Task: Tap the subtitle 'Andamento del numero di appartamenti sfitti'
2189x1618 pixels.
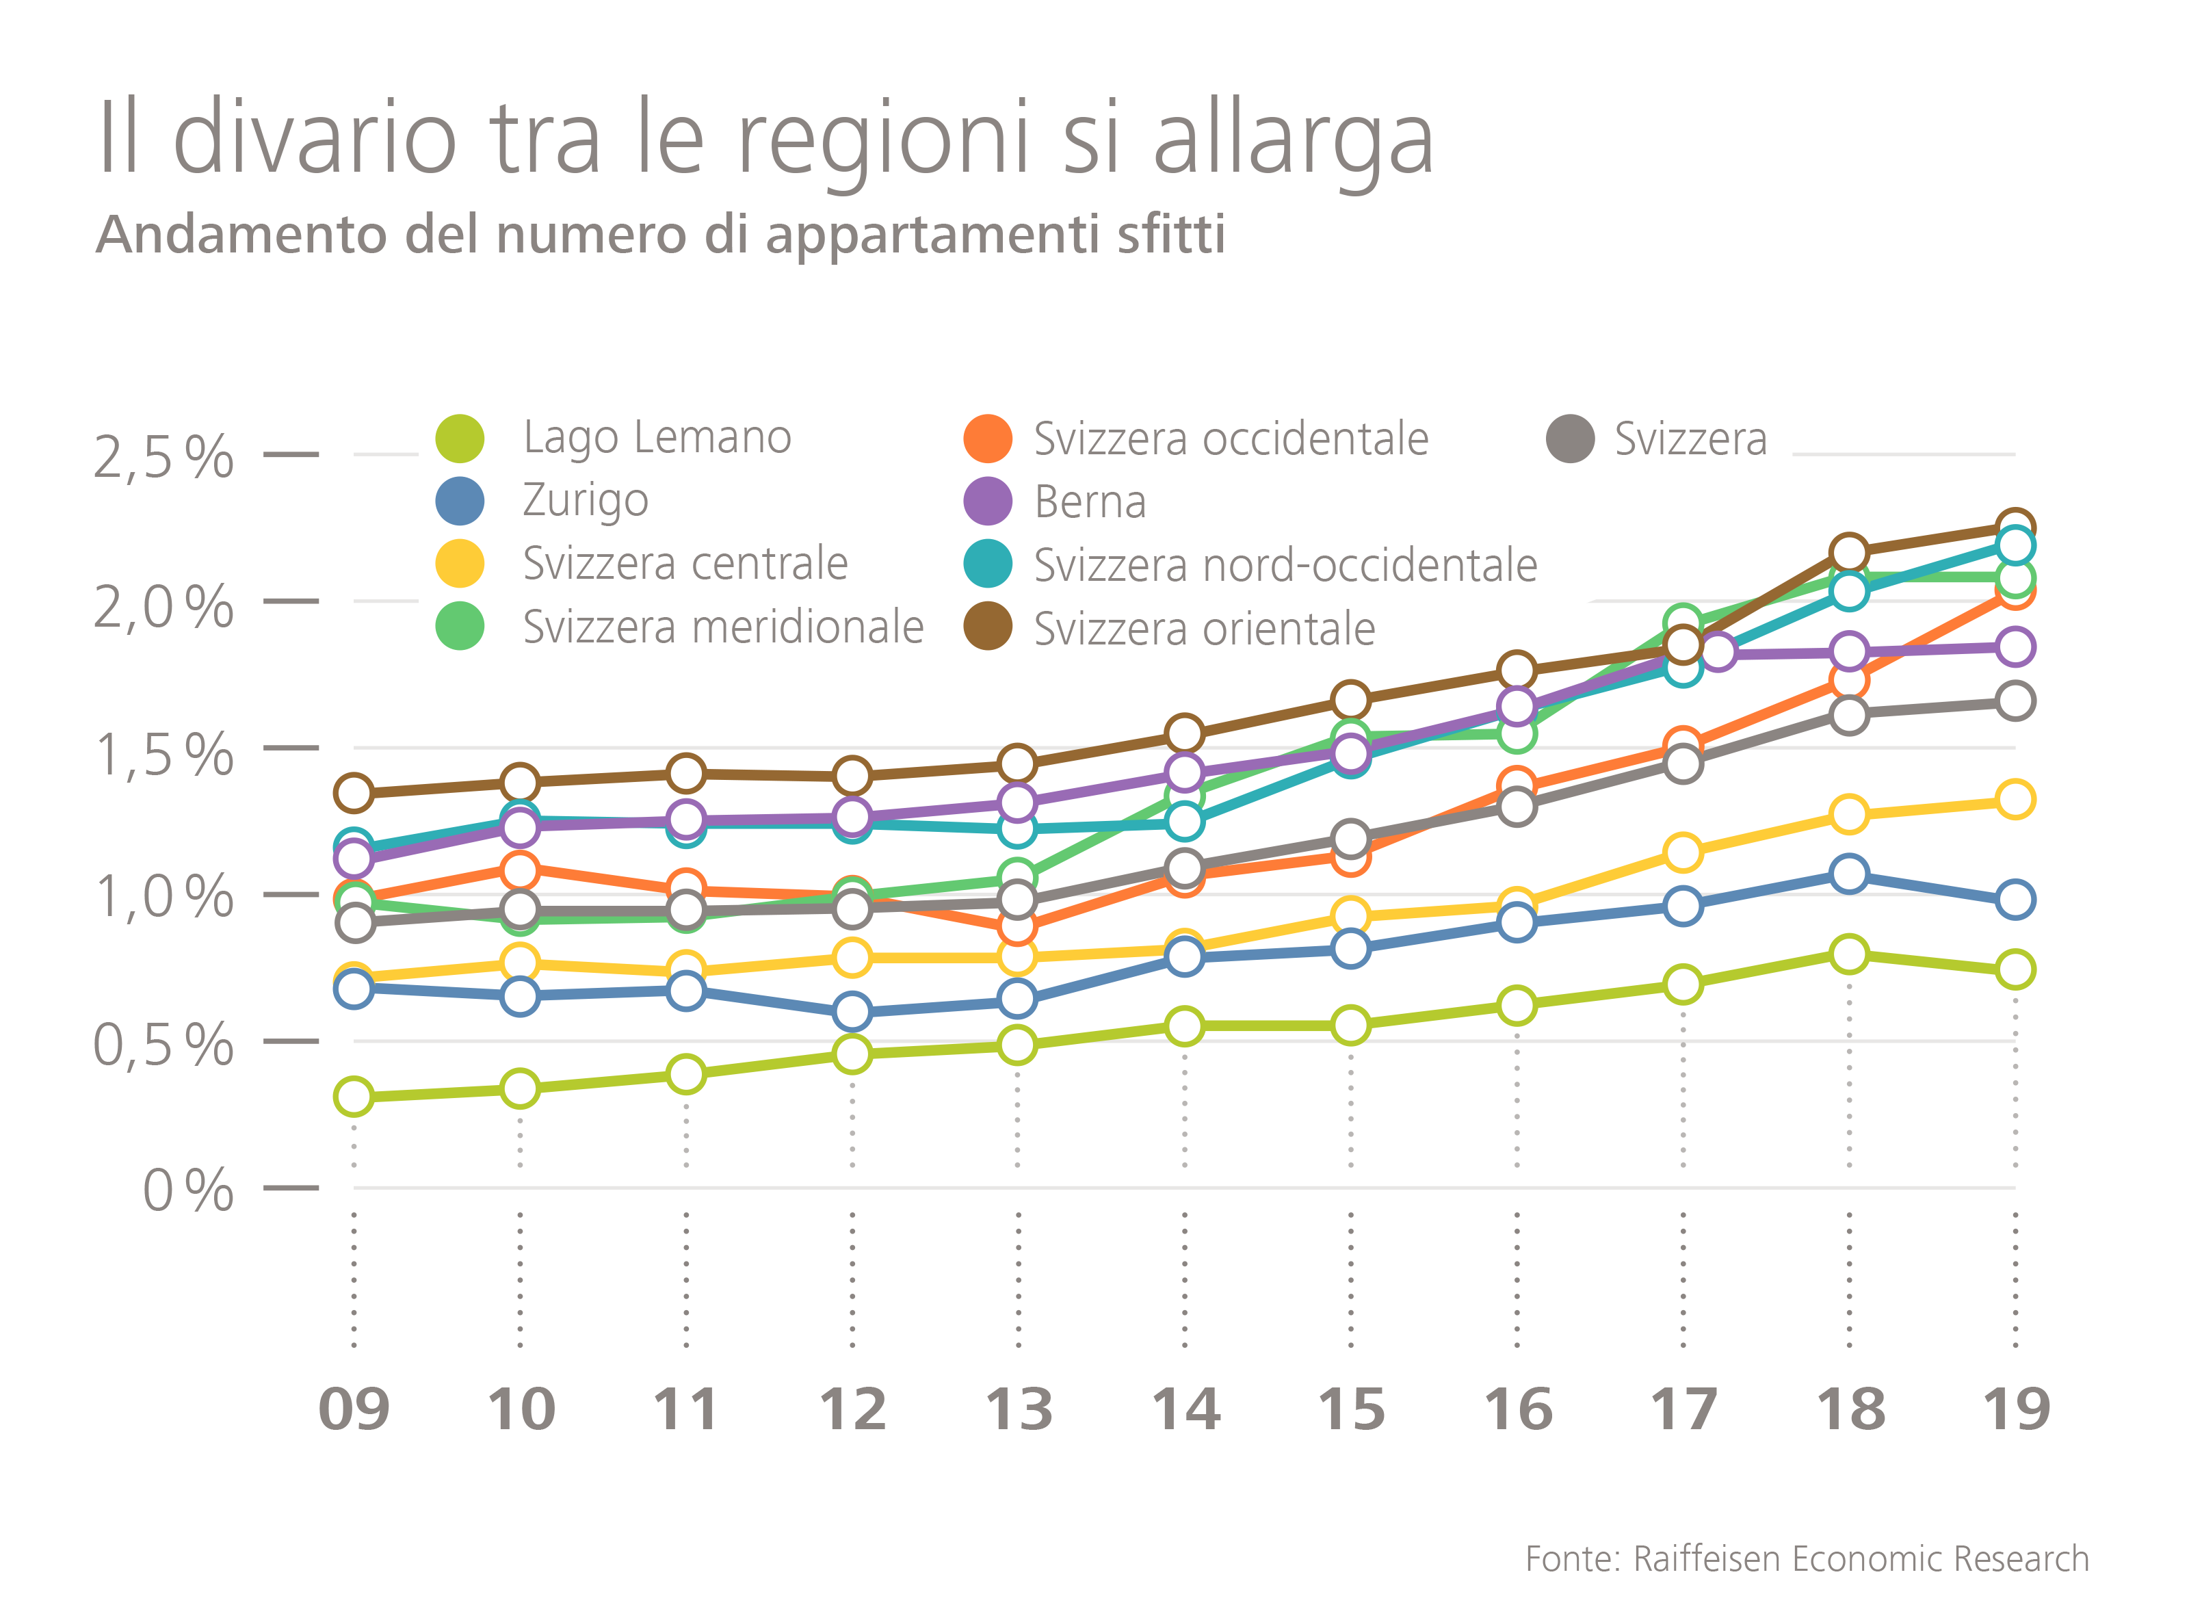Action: click(660, 235)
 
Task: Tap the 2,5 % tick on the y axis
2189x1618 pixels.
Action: click(163, 456)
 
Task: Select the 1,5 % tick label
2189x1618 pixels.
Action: click(163, 755)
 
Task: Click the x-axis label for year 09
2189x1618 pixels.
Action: click(354, 1411)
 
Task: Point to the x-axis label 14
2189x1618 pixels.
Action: click(1185, 1411)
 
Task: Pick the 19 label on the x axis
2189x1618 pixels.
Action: click(2016, 1411)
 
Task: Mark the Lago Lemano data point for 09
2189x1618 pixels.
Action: click(354, 1096)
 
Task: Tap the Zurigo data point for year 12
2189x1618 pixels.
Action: click(852, 1010)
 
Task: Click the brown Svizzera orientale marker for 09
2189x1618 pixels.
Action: click(354, 792)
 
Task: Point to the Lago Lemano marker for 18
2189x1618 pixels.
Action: click(1849, 954)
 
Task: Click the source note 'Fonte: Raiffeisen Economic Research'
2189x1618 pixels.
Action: click(1807, 1558)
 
